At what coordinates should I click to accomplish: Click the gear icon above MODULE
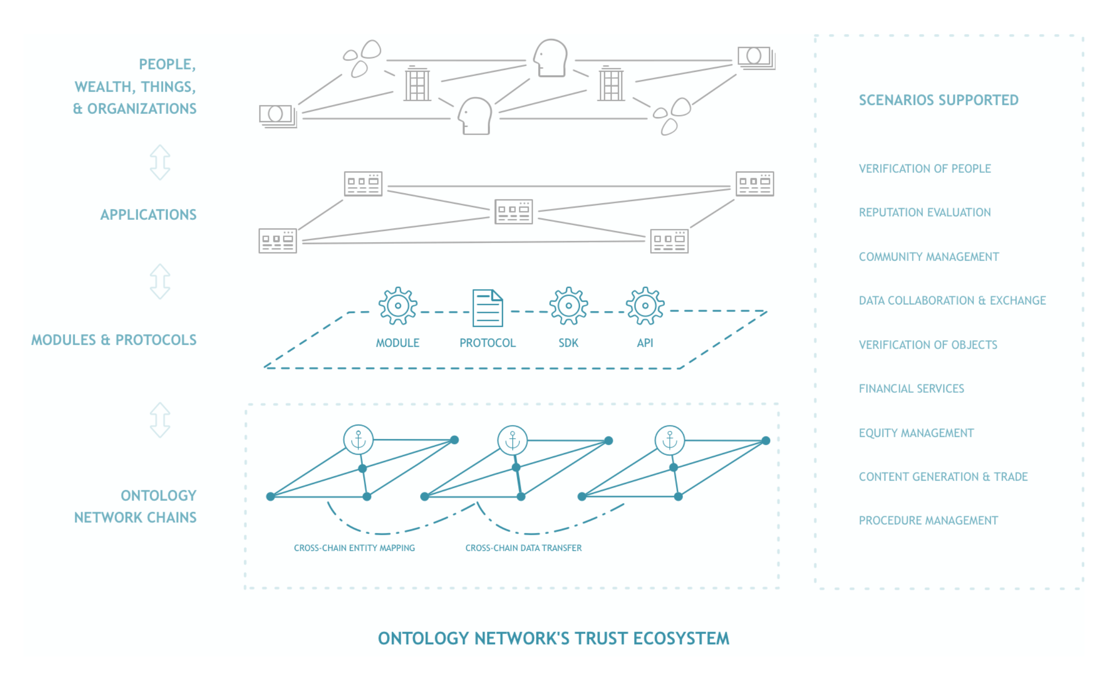coord(398,306)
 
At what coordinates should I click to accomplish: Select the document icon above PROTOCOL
coord(487,308)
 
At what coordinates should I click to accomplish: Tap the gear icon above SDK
coord(569,306)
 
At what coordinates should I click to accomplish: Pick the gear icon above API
coord(645,306)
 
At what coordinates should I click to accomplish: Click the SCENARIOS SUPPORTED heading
coord(939,100)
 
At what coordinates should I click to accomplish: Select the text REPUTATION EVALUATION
coord(925,212)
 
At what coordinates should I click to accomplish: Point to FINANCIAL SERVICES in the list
coord(911,388)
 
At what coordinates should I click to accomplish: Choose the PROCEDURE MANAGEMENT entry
coord(928,521)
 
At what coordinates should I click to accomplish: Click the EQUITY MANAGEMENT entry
coord(916,433)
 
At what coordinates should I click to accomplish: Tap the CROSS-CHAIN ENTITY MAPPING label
coord(354,548)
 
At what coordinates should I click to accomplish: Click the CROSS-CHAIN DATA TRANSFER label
coord(523,548)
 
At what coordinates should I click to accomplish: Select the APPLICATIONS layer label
coord(148,215)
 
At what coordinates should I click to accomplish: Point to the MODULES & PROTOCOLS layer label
coord(114,340)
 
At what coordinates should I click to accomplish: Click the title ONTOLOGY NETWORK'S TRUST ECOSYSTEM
coord(553,639)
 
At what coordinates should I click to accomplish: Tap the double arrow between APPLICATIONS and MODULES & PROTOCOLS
coord(160,282)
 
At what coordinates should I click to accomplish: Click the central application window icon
coord(513,212)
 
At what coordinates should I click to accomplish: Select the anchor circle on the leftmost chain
coord(358,440)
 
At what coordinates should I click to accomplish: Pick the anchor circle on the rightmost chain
coord(670,440)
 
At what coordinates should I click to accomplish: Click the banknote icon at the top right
coord(756,58)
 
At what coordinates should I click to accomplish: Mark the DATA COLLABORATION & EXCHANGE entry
coord(952,301)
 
